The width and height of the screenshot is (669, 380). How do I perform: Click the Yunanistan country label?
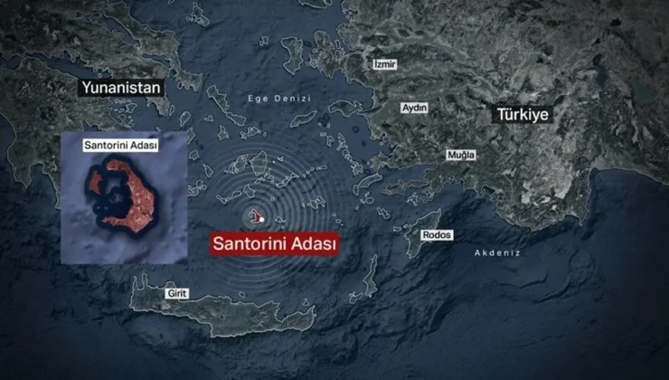coord(121,88)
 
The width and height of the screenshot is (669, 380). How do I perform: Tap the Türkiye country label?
coord(522,116)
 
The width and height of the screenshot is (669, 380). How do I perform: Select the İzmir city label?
coord(385,64)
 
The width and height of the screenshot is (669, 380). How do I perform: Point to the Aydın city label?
coord(414,108)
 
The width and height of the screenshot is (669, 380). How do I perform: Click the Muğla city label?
coord(461,156)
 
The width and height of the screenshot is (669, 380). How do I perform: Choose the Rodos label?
coord(436,235)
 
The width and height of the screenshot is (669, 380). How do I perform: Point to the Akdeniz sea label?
coord(497,253)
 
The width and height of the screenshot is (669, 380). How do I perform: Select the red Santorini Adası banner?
coord(274,244)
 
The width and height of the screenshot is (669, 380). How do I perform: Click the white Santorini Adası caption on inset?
coord(119,145)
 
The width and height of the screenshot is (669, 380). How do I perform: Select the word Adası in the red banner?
coord(312,244)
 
